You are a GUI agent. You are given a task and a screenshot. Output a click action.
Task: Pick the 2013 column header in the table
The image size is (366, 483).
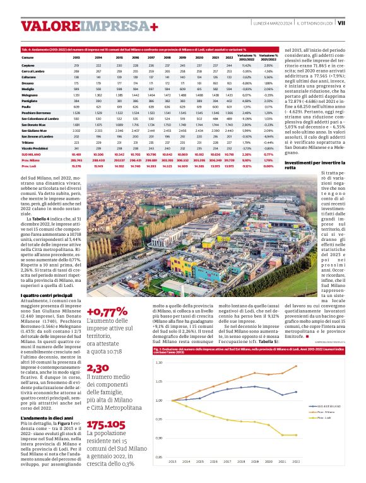coord(76,57)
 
